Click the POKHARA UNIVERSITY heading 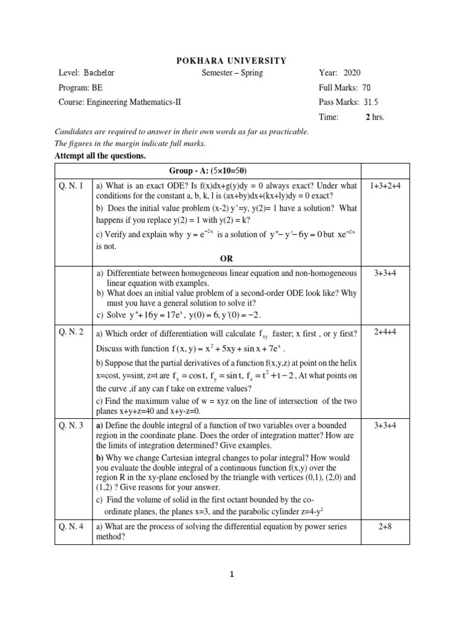(231, 60)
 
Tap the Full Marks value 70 (367, 88)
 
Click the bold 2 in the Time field (367, 117)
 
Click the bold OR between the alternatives (226, 258)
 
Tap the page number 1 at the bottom (231, 574)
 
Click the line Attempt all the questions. (100, 156)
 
